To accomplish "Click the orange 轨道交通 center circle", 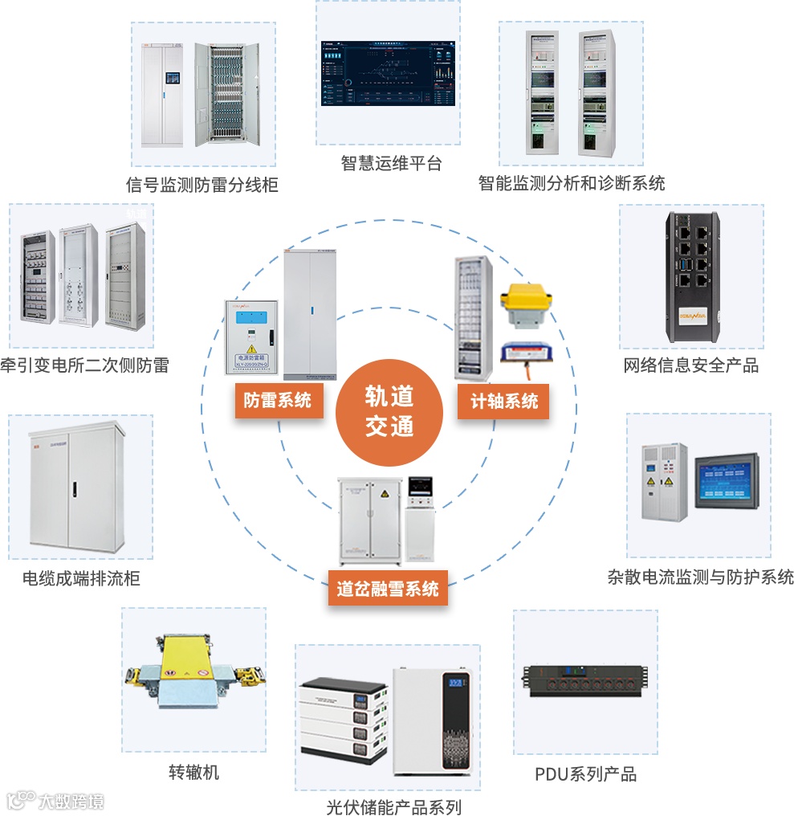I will [x=389, y=412].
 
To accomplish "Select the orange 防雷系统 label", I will [x=278, y=399].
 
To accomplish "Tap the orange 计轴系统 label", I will [x=504, y=400].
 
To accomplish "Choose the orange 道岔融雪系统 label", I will [x=388, y=589].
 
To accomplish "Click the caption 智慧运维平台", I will [x=391, y=164].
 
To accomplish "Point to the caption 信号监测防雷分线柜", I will [x=202, y=185].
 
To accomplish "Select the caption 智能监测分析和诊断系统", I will [x=572, y=183].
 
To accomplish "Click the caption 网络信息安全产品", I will [x=691, y=365].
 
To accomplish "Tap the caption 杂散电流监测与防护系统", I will [x=701, y=577].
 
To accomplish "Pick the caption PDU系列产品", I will [x=585, y=774].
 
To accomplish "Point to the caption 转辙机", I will [x=193, y=773].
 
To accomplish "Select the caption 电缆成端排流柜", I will [x=81, y=577].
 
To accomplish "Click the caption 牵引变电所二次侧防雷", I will [x=85, y=365].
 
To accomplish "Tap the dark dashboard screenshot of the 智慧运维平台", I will [x=388, y=71].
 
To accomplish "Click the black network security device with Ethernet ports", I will [x=691, y=275].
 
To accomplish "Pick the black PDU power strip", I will [x=585, y=683].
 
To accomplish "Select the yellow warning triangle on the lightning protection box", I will [x=252, y=349].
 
